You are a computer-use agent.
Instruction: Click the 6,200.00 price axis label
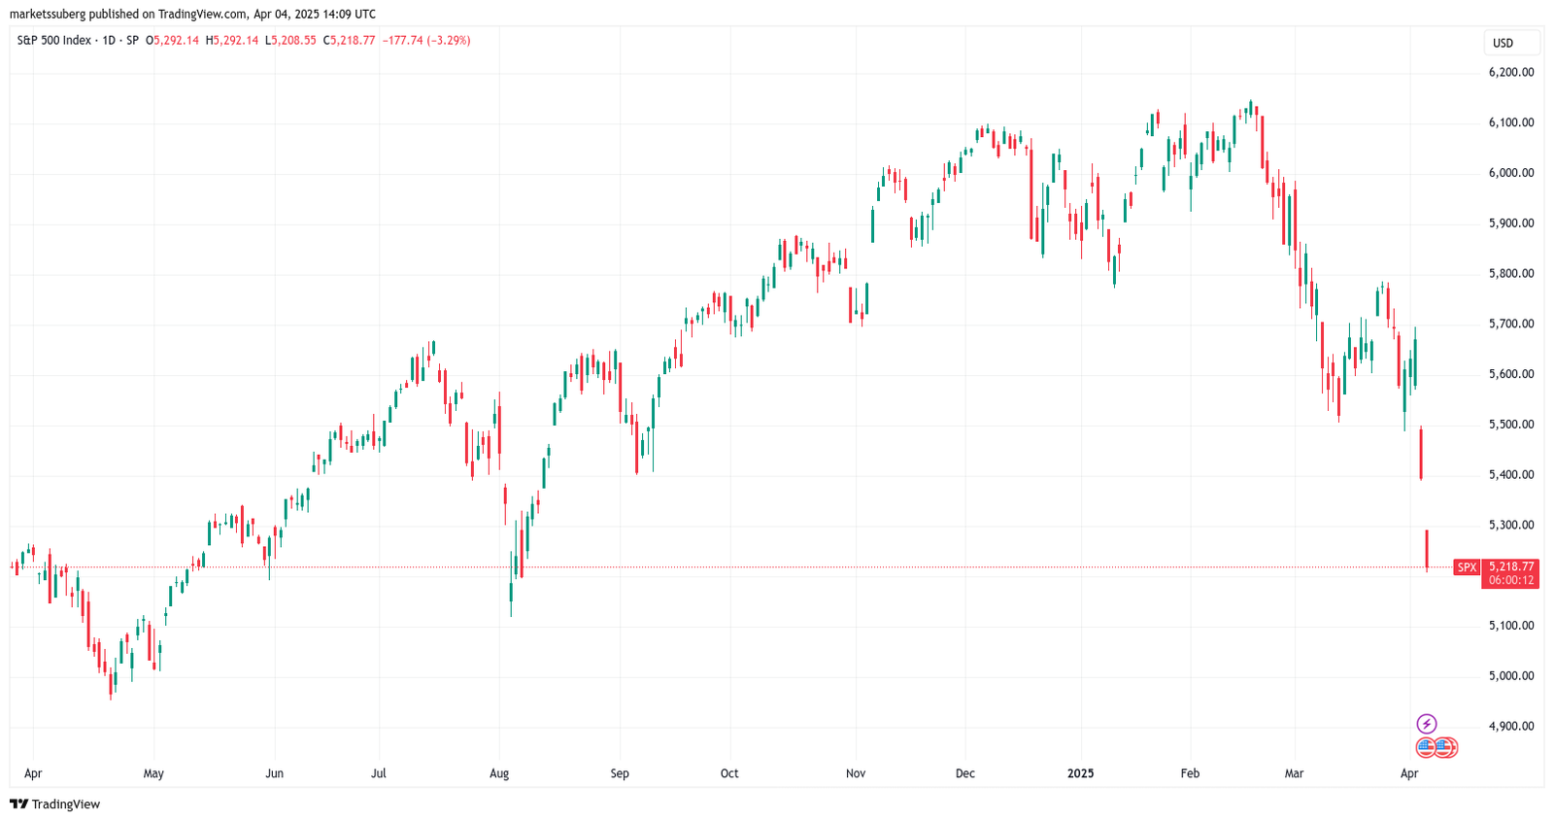pos(1510,72)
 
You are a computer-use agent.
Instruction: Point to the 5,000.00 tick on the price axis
pos(1510,675)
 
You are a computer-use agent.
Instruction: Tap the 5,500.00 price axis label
pos(1510,425)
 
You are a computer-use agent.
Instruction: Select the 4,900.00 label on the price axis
pos(1510,726)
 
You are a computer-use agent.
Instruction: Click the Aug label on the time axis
pos(499,773)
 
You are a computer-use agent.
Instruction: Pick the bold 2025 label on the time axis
pos(1080,773)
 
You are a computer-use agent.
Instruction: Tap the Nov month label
pos(856,773)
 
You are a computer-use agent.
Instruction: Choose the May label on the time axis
pos(153,773)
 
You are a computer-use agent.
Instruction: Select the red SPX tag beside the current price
pos(1467,567)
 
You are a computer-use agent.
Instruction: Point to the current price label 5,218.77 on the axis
pos(1511,566)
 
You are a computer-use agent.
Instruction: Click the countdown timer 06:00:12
pos(1511,580)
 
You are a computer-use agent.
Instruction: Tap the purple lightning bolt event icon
pos(1427,724)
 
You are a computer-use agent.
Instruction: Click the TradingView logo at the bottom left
pos(55,804)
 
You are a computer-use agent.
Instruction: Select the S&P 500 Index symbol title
pos(54,41)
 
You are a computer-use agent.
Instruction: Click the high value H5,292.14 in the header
pos(232,41)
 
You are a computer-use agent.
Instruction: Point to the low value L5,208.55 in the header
pos(290,41)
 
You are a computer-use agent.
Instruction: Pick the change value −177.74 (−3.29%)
pos(426,41)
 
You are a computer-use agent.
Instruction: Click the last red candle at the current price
pos(1427,549)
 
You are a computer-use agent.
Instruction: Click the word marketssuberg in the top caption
pos(48,15)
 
